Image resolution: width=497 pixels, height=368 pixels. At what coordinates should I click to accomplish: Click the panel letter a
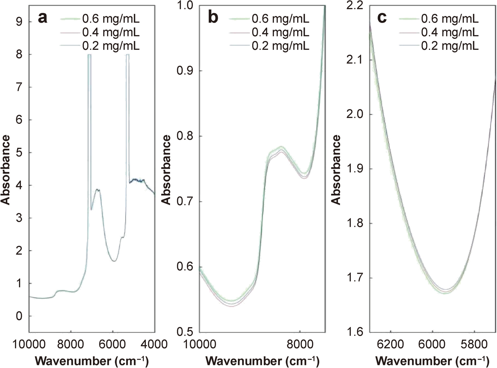click(43, 18)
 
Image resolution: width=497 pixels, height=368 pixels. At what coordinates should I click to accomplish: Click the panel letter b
click(213, 18)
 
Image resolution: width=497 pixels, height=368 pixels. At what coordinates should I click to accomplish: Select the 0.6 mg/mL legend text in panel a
click(111, 18)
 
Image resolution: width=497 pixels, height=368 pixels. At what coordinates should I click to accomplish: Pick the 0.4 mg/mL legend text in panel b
click(280, 32)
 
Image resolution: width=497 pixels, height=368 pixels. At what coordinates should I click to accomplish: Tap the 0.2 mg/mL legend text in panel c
click(450, 46)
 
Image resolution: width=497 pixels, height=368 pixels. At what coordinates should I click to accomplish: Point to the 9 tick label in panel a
click(19, 22)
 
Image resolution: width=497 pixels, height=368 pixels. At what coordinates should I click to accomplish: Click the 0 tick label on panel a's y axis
click(19, 316)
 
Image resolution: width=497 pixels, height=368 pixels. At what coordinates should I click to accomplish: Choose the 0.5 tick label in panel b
click(185, 332)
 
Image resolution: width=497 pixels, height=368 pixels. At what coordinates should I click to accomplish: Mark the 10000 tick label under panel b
click(200, 344)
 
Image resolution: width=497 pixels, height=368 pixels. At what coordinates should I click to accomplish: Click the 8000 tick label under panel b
click(300, 344)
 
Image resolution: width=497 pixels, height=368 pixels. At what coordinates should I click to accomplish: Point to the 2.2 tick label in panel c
click(355, 6)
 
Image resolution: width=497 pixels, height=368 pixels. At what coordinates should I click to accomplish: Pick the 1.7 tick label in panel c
click(355, 278)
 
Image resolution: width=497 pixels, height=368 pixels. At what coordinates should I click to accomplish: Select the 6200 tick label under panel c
click(390, 344)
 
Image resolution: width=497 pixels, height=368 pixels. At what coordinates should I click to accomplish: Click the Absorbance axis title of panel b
click(166, 170)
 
